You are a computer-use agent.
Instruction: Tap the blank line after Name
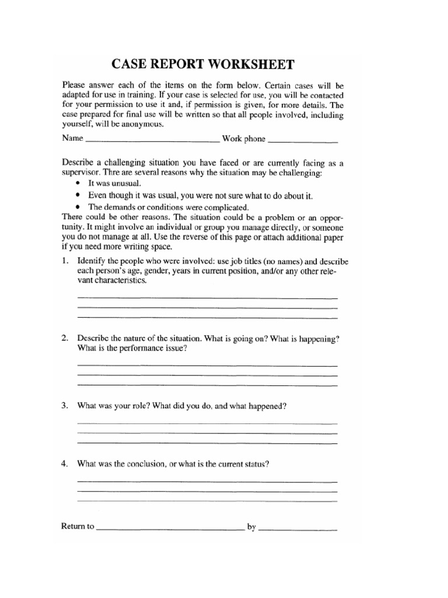coord(152,140)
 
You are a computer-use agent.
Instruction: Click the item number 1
coord(65,261)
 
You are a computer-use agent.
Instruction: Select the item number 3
coord(65,406)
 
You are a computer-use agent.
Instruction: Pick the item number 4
coord(65,464)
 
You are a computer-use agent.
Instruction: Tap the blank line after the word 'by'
coord(298,529)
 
